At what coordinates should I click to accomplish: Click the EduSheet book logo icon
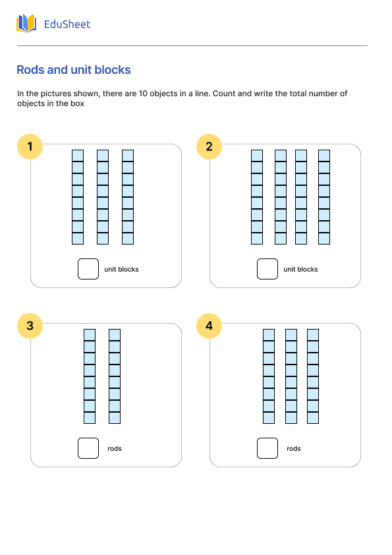(x=26, y=24)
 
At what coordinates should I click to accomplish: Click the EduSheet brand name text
(x=67, y=24)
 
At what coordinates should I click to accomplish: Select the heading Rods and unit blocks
(x=73, y=70)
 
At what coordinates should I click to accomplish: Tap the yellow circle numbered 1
(x=30, y=146)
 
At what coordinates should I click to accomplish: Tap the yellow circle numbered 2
(x=209, y=146)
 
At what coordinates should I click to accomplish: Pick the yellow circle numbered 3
(x=30, y=326)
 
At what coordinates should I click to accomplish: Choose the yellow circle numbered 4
(x=209, y=326)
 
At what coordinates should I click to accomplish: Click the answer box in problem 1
(x=88, y=269)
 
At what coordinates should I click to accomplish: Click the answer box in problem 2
(x=267, y=269)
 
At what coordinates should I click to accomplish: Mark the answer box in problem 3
(x=88, y=448)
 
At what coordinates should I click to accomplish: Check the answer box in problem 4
(x=267, y=448)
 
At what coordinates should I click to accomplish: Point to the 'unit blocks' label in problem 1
(x=121, y=270)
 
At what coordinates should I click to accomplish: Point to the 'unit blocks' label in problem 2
(x=300, y=270)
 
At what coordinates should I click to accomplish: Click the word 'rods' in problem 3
(x=115, y=449)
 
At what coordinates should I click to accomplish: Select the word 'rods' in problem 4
(x=294, y=449)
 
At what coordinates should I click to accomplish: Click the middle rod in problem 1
(x=103, y=197)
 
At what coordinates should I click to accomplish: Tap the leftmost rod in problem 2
(x=257, y=197)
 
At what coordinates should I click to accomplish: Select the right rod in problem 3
(x=115, y=376)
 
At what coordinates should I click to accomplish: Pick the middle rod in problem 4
(x=291, y=376)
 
